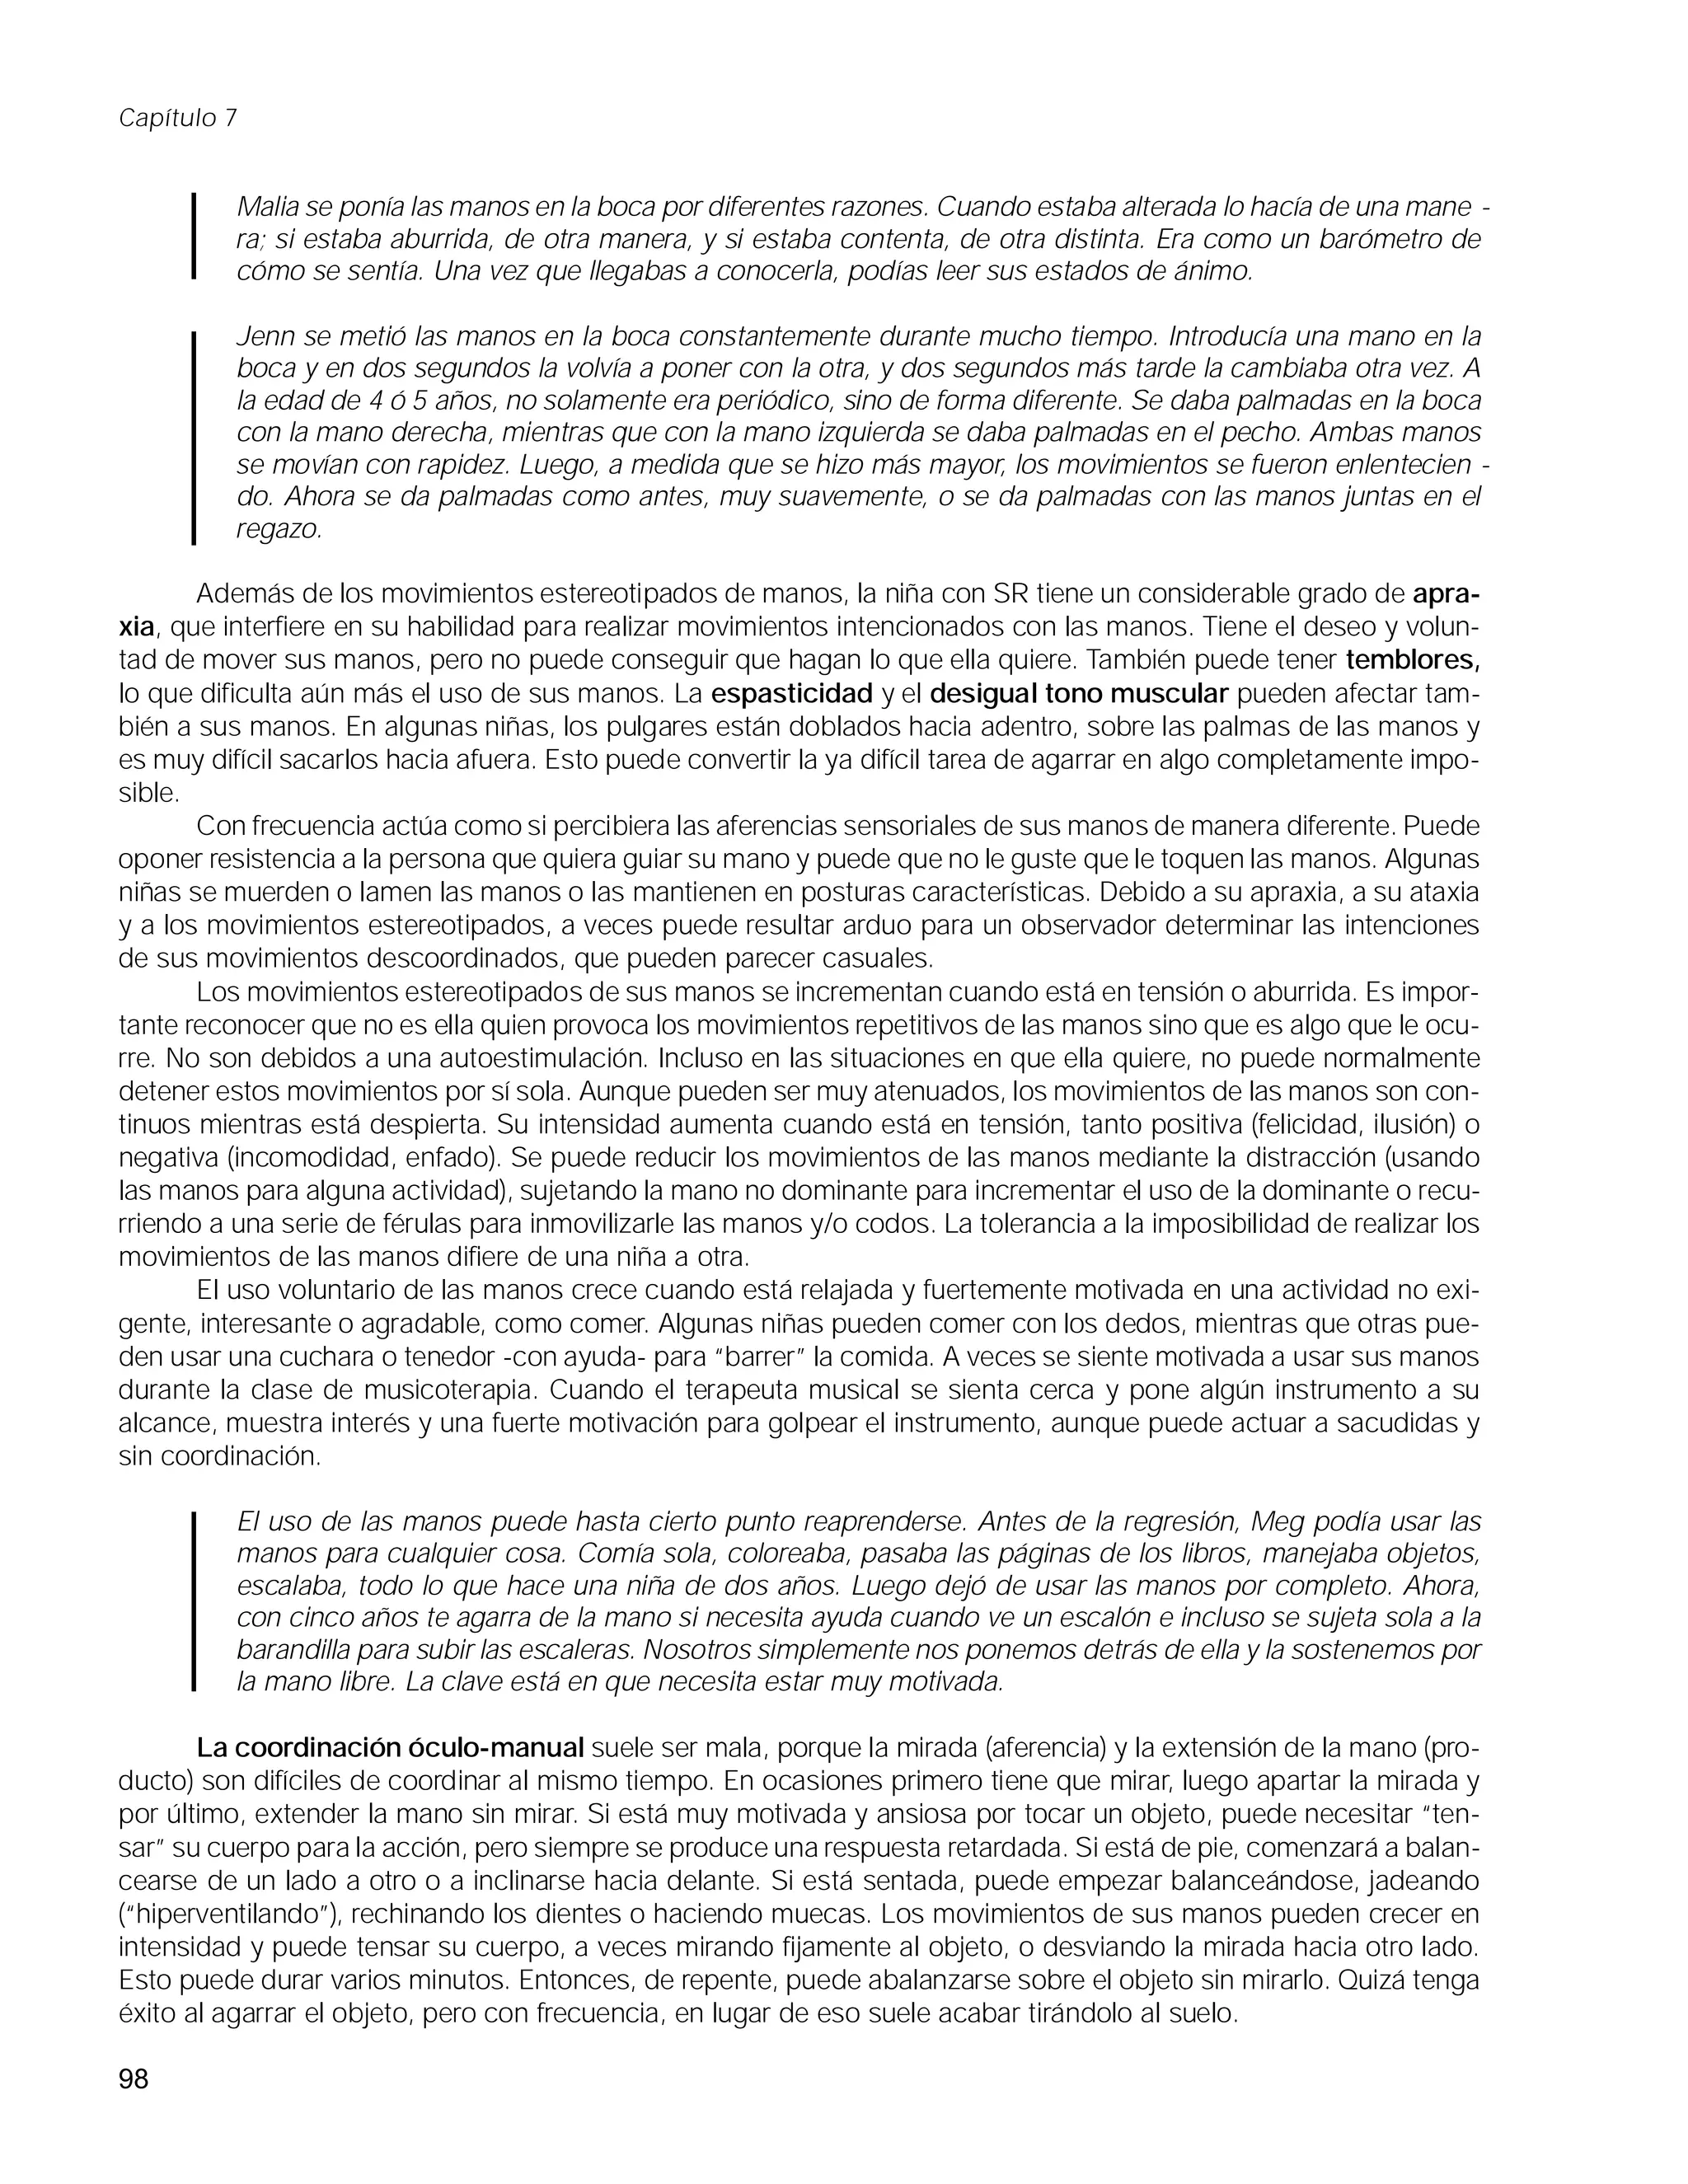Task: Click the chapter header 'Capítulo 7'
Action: [x=178, y=118]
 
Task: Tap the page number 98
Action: [x=133, y=2079]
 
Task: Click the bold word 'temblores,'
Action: [x=1413, y=660]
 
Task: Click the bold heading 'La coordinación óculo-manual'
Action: [x=390, y=1747]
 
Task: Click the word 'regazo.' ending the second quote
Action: [x=279, y=530]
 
